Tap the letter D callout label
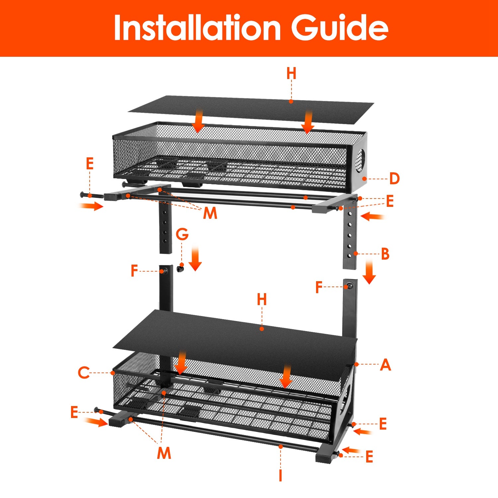[394, 179]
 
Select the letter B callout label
[385, 254]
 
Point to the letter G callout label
[182, 234]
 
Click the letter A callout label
[385, 365]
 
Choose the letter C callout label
[84, 373]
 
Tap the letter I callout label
[281, 475]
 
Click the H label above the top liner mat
[291, 73]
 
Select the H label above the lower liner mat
[262, 299]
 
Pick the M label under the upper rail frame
[210, 213]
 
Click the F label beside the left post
[134, 271]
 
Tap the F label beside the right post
[319, 287]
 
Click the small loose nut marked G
[181, 268]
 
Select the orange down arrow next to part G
[195, 259]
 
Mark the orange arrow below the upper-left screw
[91, 206]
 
